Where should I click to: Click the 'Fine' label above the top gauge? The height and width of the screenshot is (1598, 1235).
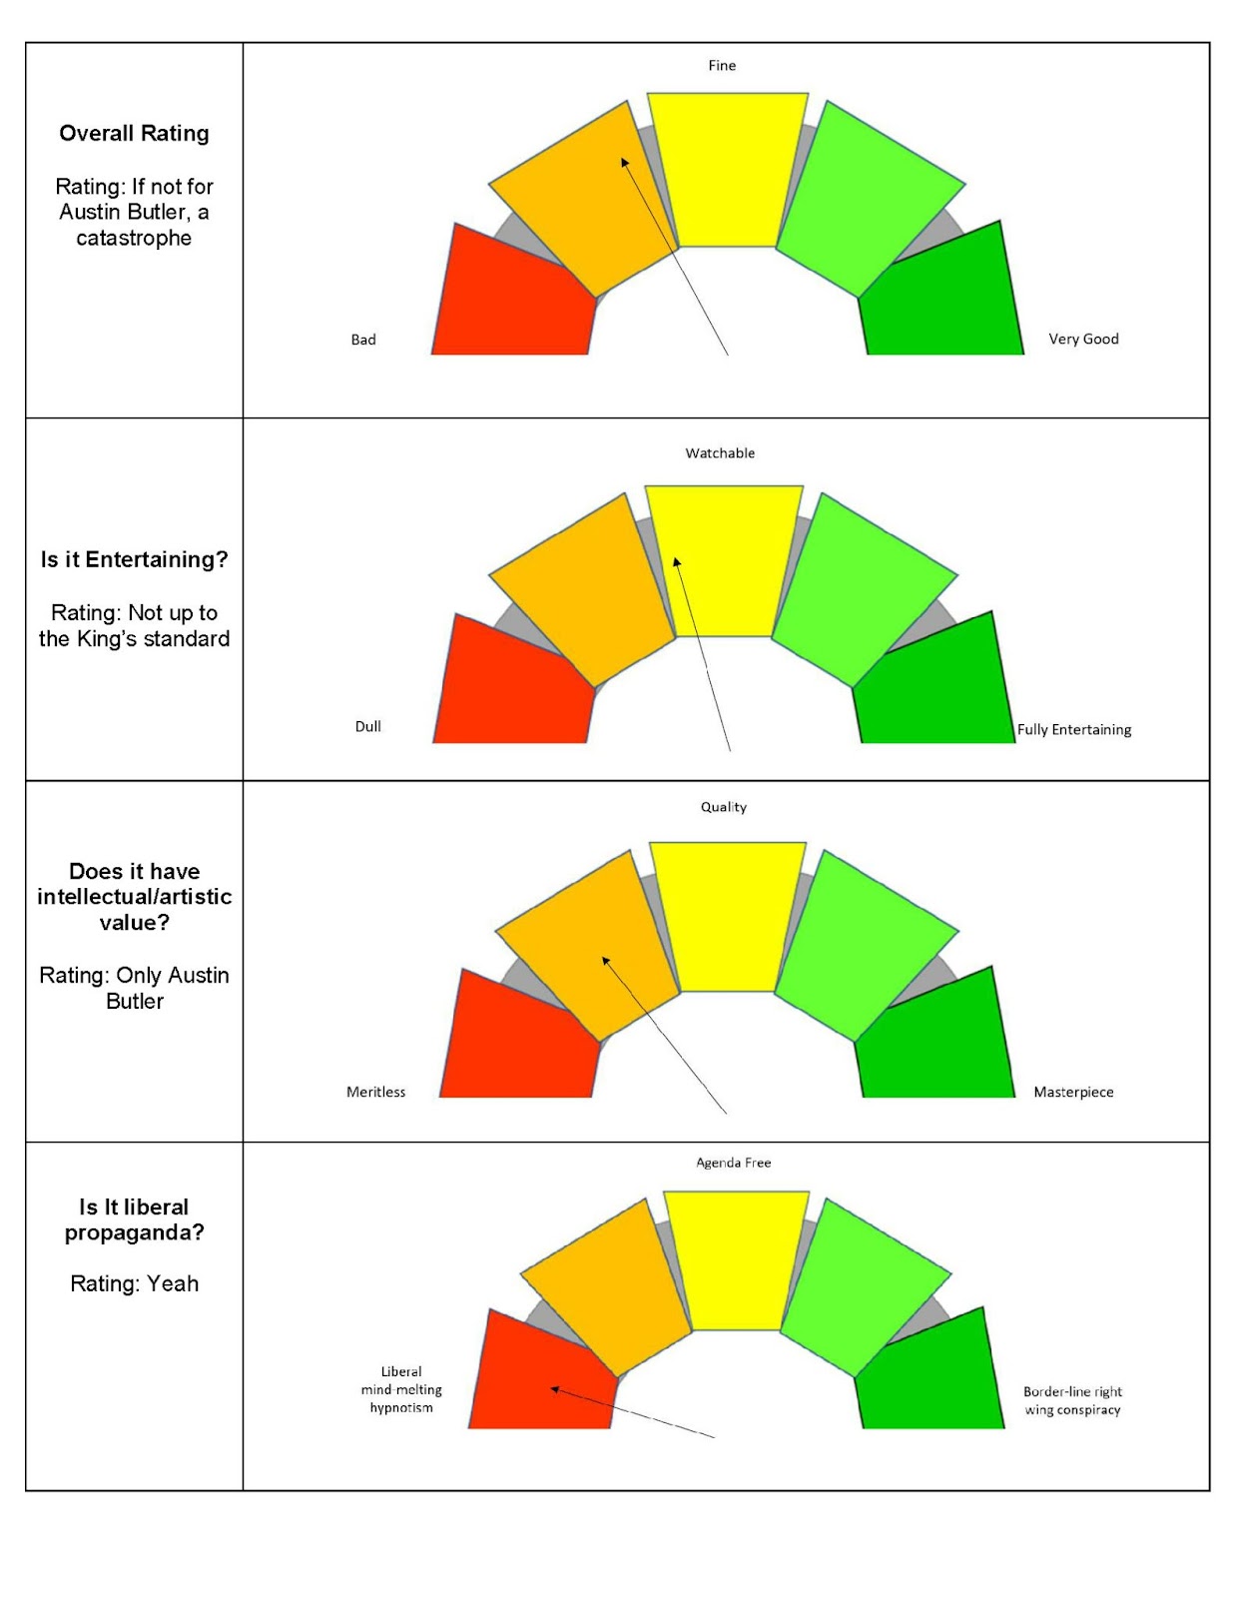coord(722,66)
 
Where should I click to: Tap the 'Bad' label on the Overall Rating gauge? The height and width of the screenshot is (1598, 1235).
coord(363,340)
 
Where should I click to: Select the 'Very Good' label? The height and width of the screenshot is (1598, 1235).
coord(1083,339)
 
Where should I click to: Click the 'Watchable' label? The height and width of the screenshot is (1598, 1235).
coord(720,453)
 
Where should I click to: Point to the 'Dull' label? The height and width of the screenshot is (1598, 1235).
coord(368,726)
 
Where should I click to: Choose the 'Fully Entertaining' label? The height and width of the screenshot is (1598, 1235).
coord(1074,730)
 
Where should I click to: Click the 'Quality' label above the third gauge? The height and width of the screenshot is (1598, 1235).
coord(723,807)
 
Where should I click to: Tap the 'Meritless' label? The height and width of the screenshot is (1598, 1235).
coord(376,1092)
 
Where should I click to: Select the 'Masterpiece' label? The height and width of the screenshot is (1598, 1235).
coord(1073,1092)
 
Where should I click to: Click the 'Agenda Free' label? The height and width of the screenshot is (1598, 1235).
coord(734,1163)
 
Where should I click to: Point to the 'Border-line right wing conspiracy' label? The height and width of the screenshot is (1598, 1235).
coord(1072,1400)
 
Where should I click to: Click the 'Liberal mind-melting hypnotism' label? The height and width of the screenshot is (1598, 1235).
coord(401,1389)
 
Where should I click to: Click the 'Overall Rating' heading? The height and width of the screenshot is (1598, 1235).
coord(134,134)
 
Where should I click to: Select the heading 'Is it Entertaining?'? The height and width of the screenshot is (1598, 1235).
coord(134,559)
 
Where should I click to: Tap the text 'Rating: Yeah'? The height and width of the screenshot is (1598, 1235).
coord(134,1283)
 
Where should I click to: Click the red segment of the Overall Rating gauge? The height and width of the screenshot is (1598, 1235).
coord(509,300)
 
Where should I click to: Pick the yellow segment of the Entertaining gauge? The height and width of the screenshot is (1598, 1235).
coord(724,559)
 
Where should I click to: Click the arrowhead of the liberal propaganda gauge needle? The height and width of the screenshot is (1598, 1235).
coord(554,1388)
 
